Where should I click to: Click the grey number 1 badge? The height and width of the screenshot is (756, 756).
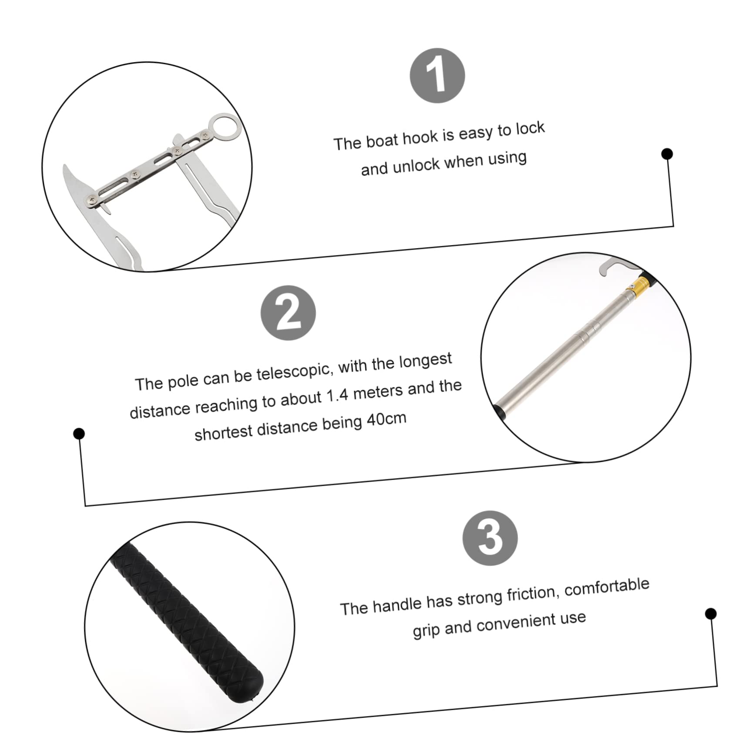point(437,76)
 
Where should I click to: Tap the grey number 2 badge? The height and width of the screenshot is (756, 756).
point(288,313)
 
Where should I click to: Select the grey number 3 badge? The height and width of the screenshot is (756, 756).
point(490,538)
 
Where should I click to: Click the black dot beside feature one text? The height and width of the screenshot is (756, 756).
point(666,154)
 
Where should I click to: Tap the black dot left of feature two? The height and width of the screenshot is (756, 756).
point(79,433)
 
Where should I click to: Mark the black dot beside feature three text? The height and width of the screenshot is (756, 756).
point(710,614)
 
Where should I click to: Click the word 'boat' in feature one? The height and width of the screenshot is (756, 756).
point(382,140)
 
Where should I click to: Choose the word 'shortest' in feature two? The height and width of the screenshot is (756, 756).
point(223,432)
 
